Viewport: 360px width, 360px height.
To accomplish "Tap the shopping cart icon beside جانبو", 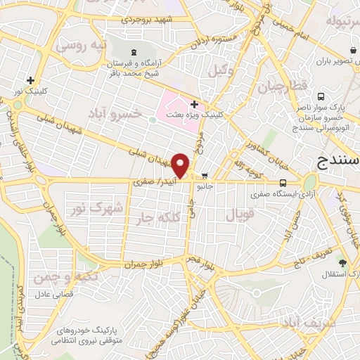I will click(205, 176).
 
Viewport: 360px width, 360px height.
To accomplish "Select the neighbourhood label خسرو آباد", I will click(112, 112).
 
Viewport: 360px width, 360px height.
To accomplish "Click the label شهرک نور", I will click(106, 207).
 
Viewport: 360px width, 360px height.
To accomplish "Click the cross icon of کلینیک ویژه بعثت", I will click(195, 105).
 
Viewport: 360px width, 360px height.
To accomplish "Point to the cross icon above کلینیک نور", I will click(30, 80).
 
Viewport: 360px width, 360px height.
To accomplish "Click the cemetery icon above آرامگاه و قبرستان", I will click(133, 52).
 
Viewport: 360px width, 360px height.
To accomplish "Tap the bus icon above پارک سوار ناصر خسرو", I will click(321, 96).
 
